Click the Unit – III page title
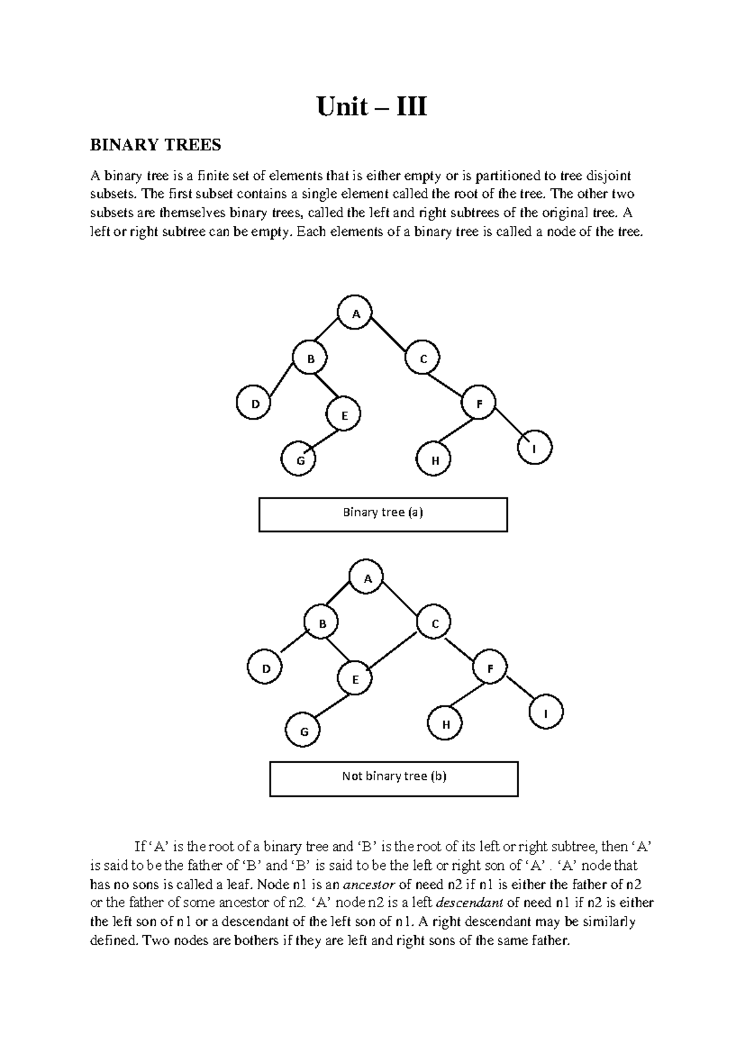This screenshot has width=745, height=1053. [x=372, y=107]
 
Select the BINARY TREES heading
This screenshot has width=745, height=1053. [x=155, y=145]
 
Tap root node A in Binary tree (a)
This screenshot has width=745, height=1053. [x=356, y=314]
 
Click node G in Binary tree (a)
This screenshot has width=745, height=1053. [x=300, y=461]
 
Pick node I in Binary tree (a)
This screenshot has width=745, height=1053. [x=533, y=448]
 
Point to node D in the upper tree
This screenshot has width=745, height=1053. [x=253, y=404]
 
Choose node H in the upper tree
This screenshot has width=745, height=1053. [x=435, y=461]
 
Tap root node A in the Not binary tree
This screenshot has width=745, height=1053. [x=367, y=579]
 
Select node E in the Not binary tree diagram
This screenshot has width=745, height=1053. [x=356, y=679]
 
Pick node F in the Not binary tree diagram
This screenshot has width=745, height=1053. [x=490, y=669]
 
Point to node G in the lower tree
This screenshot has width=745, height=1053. [x=304, y=731]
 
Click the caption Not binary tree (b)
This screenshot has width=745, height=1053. [x=394, y=777]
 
